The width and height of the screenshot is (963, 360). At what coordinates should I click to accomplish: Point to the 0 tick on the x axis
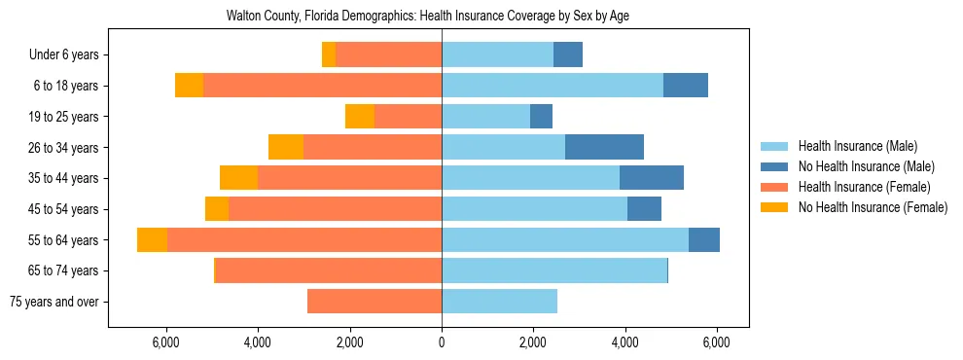tap(442, 342)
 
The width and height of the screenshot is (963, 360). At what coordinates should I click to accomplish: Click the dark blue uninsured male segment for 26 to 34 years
tap(604, 147)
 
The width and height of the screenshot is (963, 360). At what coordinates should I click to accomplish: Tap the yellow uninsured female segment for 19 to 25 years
tap(360, 117)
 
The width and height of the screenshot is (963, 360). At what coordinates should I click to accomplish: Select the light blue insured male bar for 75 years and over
tap(499, 302)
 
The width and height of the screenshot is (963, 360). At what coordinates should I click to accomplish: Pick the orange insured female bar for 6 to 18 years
tap(322, 86)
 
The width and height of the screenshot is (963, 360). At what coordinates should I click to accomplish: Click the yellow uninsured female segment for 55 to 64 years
tap(152, 240)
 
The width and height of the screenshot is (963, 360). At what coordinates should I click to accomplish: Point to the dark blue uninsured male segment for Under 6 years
tap(568, 55)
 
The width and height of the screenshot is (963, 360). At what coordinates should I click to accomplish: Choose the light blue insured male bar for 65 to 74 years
tap(554, 270)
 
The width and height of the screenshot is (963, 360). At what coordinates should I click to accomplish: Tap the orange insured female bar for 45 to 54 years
tap(335, 209)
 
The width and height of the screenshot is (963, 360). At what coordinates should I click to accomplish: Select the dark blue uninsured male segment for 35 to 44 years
tap(652, 178)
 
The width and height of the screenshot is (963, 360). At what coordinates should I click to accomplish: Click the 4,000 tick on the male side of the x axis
tap(624, 342)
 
